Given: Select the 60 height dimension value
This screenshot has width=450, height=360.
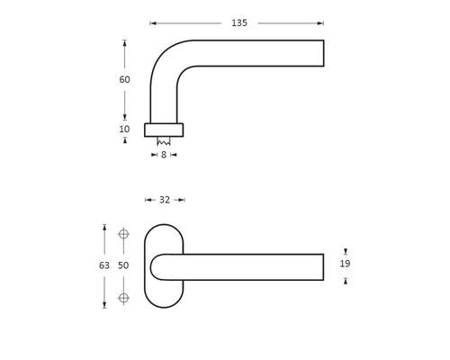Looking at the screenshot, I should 124,79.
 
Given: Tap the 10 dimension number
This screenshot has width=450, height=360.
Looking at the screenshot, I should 124,130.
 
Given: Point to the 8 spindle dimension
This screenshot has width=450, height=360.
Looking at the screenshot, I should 164,155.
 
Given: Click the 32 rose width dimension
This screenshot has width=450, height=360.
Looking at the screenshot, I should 164,200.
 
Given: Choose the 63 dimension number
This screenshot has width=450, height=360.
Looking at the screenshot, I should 104,265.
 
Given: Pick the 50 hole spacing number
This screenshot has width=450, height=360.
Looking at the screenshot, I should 124,265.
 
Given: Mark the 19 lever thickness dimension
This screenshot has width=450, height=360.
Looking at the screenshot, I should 346,265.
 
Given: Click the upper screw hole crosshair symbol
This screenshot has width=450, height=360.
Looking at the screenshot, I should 124,235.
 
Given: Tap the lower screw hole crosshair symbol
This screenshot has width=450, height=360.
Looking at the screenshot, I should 124,297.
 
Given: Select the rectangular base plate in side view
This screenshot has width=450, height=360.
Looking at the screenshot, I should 164,130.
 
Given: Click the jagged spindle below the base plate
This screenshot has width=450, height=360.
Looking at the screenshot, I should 164,141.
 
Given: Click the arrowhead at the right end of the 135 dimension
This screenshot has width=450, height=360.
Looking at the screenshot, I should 320,22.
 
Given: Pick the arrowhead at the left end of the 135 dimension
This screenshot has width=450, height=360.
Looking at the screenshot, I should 153,22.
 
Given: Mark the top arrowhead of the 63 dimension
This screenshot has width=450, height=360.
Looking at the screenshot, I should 104,228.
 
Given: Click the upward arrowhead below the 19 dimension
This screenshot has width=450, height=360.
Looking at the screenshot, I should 346,282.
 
